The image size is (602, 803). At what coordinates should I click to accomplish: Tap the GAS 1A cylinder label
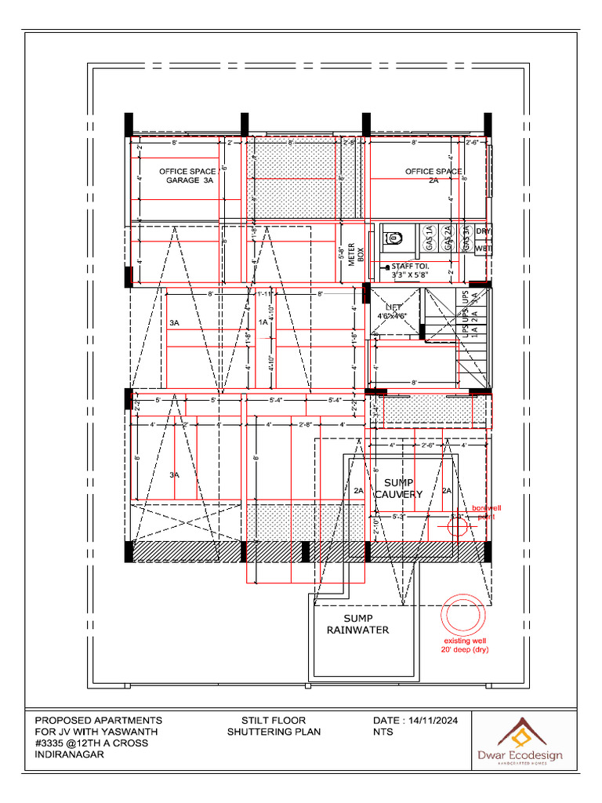pyautogui.click(x=429, y=238)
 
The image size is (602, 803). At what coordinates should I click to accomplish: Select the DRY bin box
pyautogui.click(x=483, y=231)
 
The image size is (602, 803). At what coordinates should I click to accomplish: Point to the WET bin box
pyautogui.click(x=483, y=249)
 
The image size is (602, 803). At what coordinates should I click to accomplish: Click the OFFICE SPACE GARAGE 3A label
pyautogui.click(x=187, y=176)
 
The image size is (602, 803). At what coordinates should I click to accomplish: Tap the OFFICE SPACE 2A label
pyautogui.click(x=433, y=175)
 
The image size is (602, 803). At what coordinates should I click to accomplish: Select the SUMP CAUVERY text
pyautogui.click(x=398, y=489)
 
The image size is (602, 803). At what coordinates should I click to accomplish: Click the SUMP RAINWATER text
pyautogui.click(x=357, y=624)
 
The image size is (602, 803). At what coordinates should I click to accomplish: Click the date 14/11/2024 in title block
pyautogui.click(x=430, y=720)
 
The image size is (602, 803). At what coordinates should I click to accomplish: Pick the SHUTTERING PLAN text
pyautogui.click(x=274, y=732)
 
